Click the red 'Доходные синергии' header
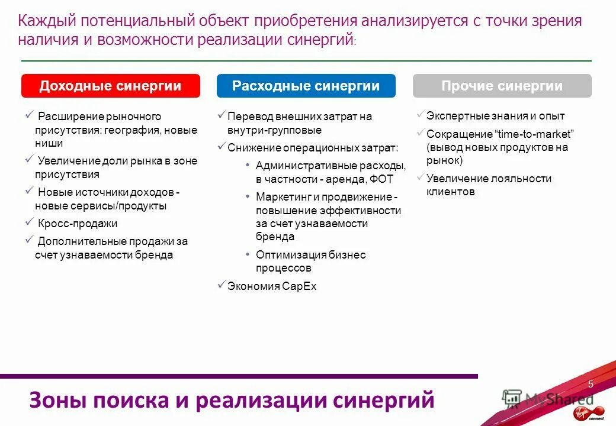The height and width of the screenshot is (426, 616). [111, 86]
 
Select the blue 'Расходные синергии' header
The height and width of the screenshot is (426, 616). [306, 86]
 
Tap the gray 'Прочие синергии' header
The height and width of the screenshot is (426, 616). [502, 86]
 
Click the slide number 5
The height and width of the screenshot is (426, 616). [591, 385]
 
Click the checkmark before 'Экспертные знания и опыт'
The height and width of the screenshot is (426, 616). [420, 115]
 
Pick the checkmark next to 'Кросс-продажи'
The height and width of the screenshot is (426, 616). [29, 222]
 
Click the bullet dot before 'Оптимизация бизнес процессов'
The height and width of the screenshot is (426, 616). [247, 255]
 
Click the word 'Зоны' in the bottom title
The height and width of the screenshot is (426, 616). [54, 400]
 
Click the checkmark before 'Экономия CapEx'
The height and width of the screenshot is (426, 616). [221, 285]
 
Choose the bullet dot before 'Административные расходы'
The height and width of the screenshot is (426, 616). [247, 166]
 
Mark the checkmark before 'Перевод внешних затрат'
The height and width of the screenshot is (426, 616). [221, 115]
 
